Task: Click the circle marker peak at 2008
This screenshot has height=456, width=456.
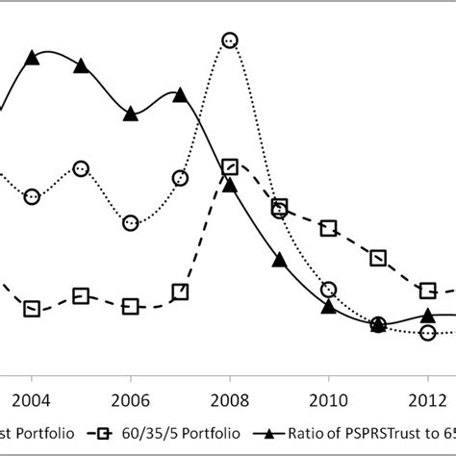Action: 229,40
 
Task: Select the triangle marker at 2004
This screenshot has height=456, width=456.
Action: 32,59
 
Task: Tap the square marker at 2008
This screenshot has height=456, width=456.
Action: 229,167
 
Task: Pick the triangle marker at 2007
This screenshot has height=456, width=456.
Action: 180,94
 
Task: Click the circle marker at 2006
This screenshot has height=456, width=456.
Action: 131,223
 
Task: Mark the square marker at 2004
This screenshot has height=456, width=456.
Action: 32,309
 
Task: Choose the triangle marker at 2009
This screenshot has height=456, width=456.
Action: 279,260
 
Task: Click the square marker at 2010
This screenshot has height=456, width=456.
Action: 329,228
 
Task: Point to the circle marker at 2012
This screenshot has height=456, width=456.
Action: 428,333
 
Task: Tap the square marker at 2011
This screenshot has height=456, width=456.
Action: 378,258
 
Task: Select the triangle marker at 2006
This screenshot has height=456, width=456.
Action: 131,114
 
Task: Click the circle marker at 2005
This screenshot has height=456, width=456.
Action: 81,168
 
